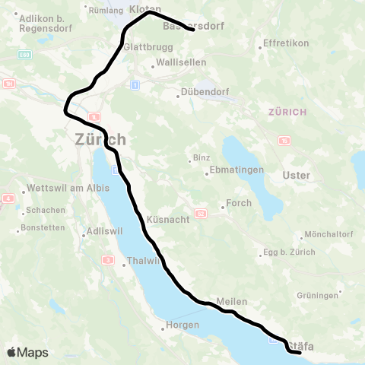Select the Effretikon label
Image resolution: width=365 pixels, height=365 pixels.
pos(285,43)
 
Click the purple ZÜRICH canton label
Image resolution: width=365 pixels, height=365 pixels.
pos(287,112)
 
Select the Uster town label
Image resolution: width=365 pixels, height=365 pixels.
pos(296,176)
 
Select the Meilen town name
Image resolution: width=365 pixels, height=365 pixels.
pos(231,302)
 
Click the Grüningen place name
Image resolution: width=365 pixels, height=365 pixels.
pos(317,295)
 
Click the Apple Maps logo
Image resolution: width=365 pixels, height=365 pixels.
pos(27,352)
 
